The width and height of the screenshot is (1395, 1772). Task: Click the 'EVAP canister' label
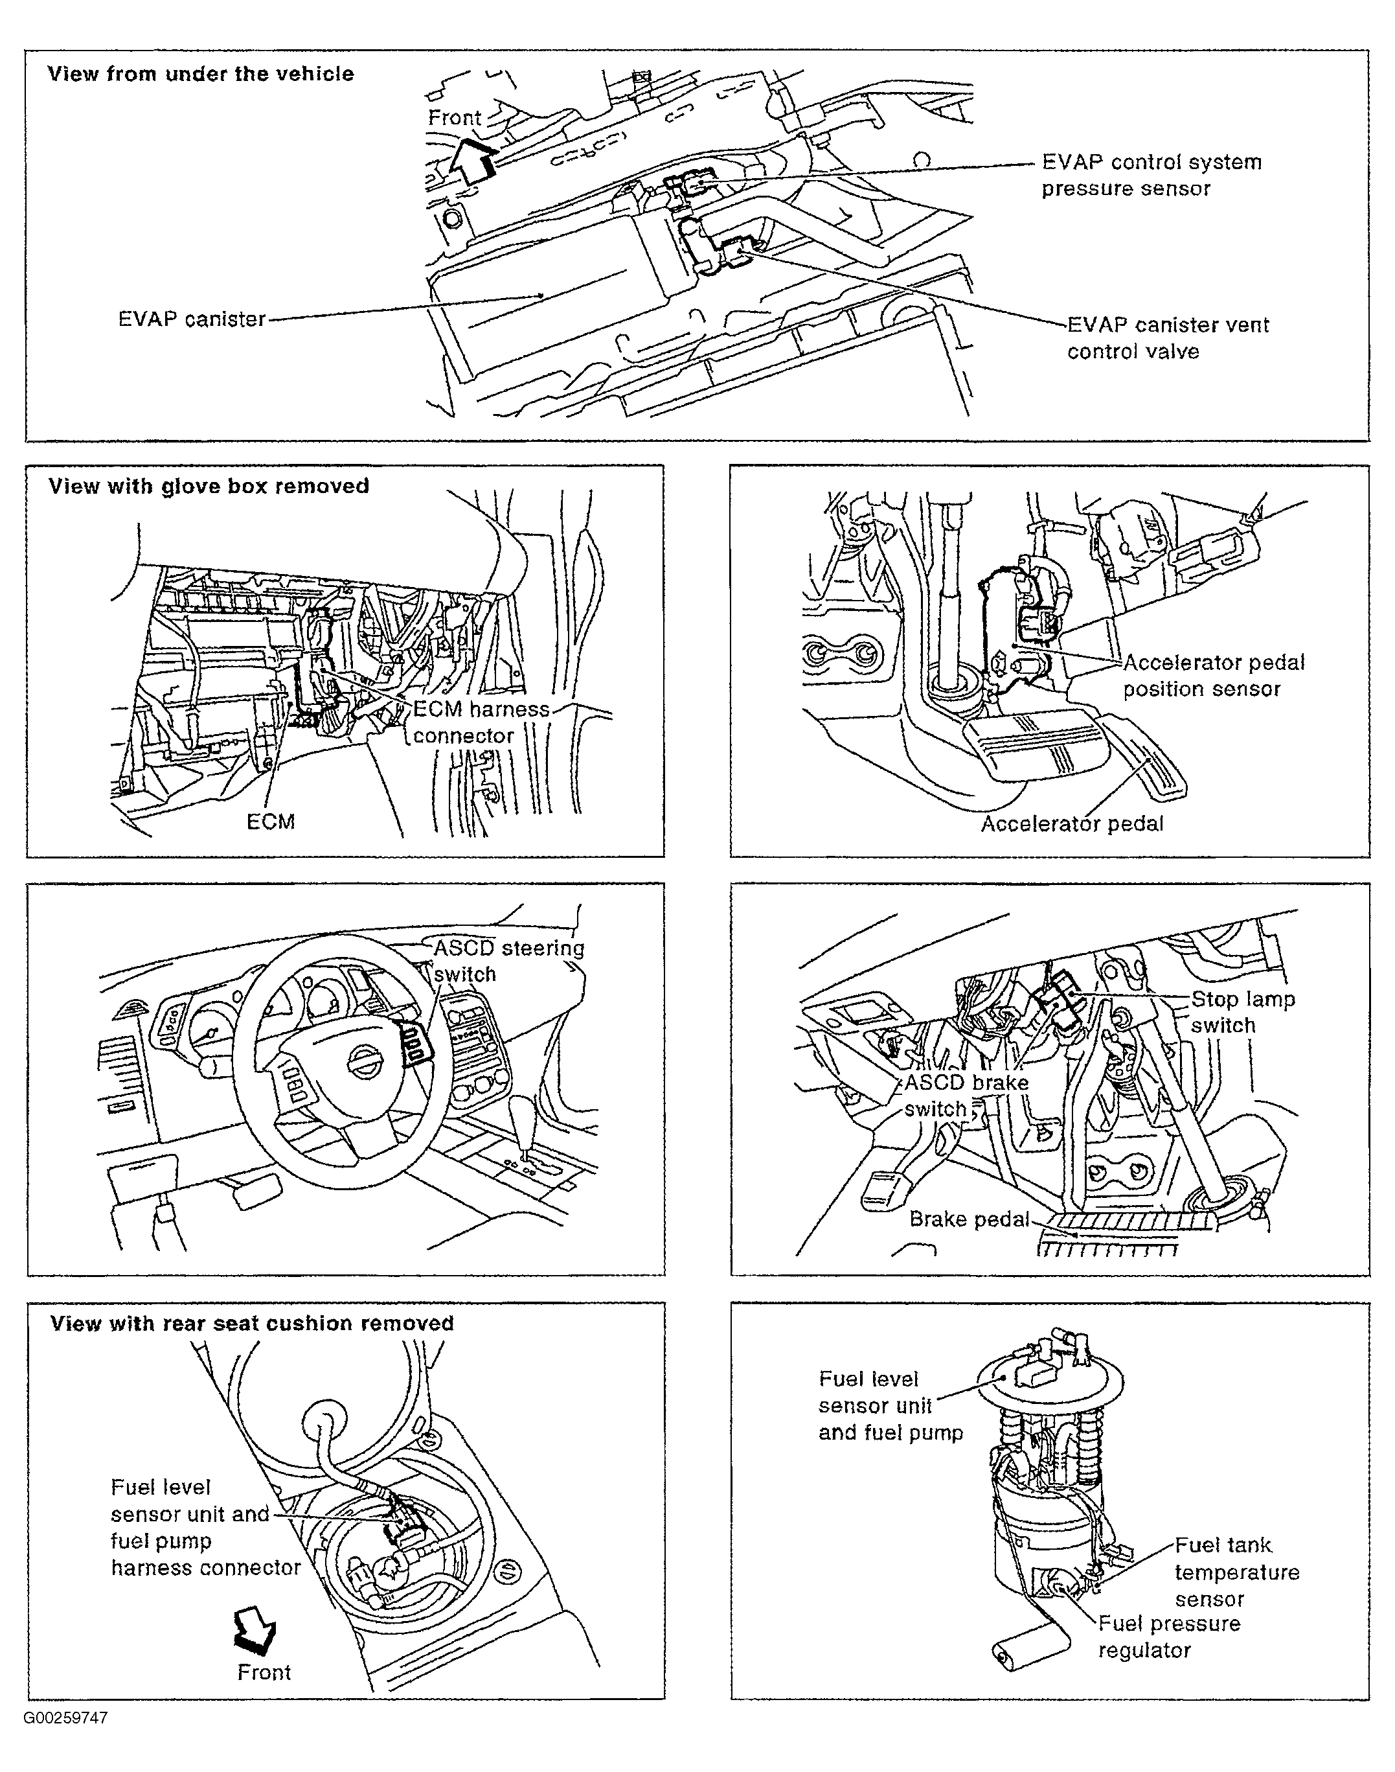pos(192,319)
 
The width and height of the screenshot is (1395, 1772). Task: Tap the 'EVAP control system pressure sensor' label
pos(1151,175)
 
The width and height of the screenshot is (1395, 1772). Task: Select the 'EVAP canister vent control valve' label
pos(1168,338)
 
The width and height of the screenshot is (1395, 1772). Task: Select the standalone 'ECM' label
pos(270,822)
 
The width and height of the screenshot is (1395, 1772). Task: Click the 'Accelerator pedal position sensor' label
pos(1213,676)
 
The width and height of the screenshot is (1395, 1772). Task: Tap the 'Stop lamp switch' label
pos(1242,1012)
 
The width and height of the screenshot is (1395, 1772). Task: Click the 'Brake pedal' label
pos(970,1220)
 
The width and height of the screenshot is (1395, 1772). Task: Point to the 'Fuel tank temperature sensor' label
pos(1236,1572)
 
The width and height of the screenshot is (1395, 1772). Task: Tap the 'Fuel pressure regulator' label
pos(1168,1637)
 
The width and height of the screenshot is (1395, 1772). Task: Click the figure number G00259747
pos(65,1718)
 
